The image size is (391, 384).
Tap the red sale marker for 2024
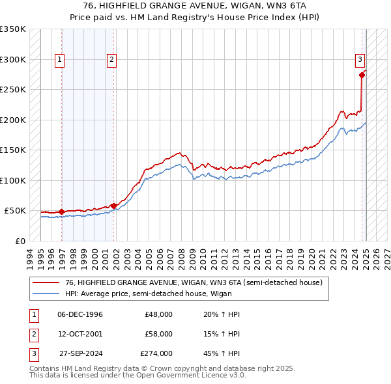(362, 74)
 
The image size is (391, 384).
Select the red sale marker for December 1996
(62, 212)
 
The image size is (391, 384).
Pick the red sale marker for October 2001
(114, 206)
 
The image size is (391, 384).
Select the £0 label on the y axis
(20, 241)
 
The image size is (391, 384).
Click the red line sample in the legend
(46, 283)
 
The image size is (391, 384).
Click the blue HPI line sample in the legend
(46, 294)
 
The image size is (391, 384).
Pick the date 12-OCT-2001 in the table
(80, 334)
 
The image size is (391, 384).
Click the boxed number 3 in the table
(33, 353)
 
